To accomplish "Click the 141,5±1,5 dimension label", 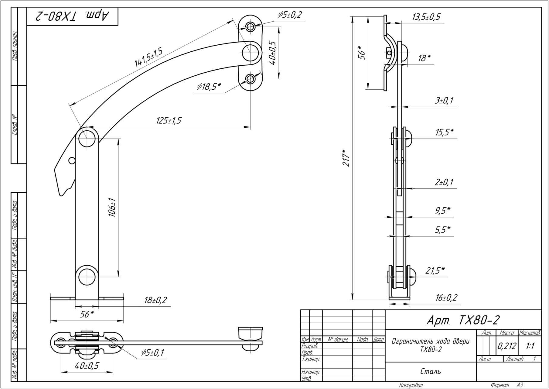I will (x=148, y=57).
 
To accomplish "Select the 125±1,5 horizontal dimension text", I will (x=169, y=121).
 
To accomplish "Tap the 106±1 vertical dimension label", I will (x=112, y=207).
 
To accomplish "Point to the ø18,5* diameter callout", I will (x=209, y=87).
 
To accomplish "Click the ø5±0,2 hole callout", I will (x=290, y=15).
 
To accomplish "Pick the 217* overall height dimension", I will (x=346, y=158).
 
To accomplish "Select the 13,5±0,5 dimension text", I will (x=426, y=17).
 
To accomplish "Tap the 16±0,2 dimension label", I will (x=446, y=298).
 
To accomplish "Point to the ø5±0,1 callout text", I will (x=152, y=353).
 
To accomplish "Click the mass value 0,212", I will (x=506, y=346).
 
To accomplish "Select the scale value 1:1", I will (x=530, y=346).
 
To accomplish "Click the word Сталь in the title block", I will (x=431, y=371).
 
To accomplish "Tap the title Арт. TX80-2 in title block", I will (x=463, y=320).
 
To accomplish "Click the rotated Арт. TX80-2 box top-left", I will (x=72, y=16).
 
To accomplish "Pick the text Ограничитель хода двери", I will (x=431, y=341).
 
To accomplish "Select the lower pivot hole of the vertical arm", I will (x=87, y=277).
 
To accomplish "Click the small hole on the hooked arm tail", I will (x=72, y=160).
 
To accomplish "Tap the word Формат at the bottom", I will (x=500, y=385).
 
